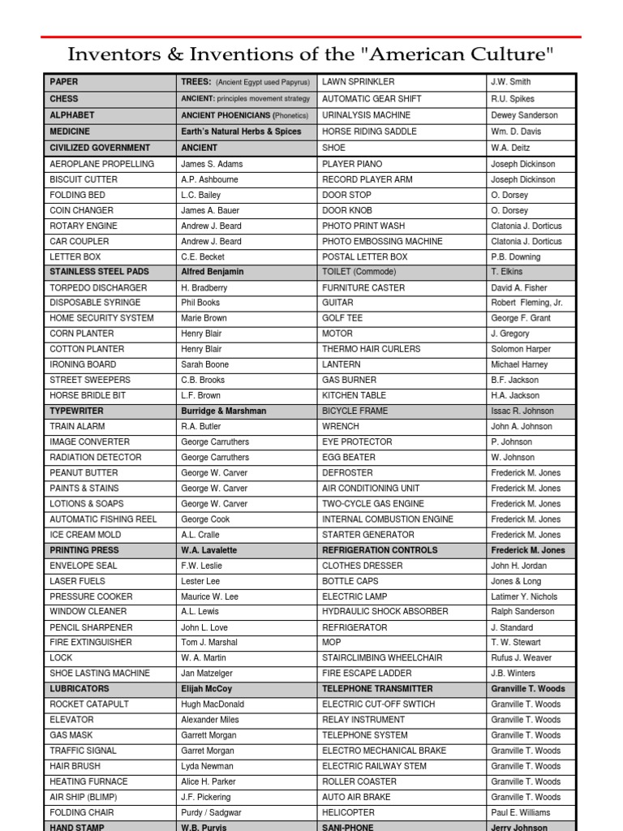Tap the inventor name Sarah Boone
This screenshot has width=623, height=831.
pyautogui.click(x=204, y=365)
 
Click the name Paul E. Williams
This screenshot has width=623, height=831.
pyautogui.click(x=526, y=813)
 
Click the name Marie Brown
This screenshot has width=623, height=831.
pyautogui.click(x=204, y=319)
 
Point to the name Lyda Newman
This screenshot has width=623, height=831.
pyautogui.click(x=207, y=767)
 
